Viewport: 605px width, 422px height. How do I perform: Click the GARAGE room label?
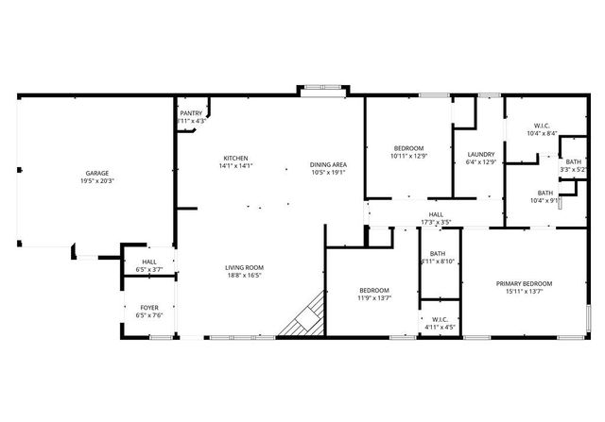pos(97,173)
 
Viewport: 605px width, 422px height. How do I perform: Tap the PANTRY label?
pos(192,112)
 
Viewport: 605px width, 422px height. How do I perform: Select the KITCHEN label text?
pos(235,157)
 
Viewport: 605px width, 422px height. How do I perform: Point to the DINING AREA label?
pos(328,164)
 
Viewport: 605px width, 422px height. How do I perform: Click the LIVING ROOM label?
pos(244,267)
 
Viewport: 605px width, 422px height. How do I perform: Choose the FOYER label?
pos(149,307)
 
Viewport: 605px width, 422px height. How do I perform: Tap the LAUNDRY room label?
pos(481,154)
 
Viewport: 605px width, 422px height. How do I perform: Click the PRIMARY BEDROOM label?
pos(525,283)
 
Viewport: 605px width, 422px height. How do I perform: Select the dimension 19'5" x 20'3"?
pos(97,181)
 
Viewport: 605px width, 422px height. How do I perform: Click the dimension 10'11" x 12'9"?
pos(409,156)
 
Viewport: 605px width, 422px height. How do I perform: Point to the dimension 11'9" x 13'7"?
pos(373,298)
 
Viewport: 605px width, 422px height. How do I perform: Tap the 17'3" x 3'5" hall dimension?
pos(436,223)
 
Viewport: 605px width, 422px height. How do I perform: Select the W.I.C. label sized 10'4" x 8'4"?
pos(542,126)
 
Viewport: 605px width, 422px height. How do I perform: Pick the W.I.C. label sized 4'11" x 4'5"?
pos(440,319)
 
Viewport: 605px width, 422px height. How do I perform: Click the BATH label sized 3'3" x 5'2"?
pos(573,161)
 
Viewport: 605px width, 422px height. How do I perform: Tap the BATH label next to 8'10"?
pos(438,253)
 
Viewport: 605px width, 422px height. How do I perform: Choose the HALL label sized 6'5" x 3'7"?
pos(149,262)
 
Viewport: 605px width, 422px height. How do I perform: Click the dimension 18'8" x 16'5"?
pos(244,276)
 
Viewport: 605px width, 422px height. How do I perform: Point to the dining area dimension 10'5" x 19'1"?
pos(328,173)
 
